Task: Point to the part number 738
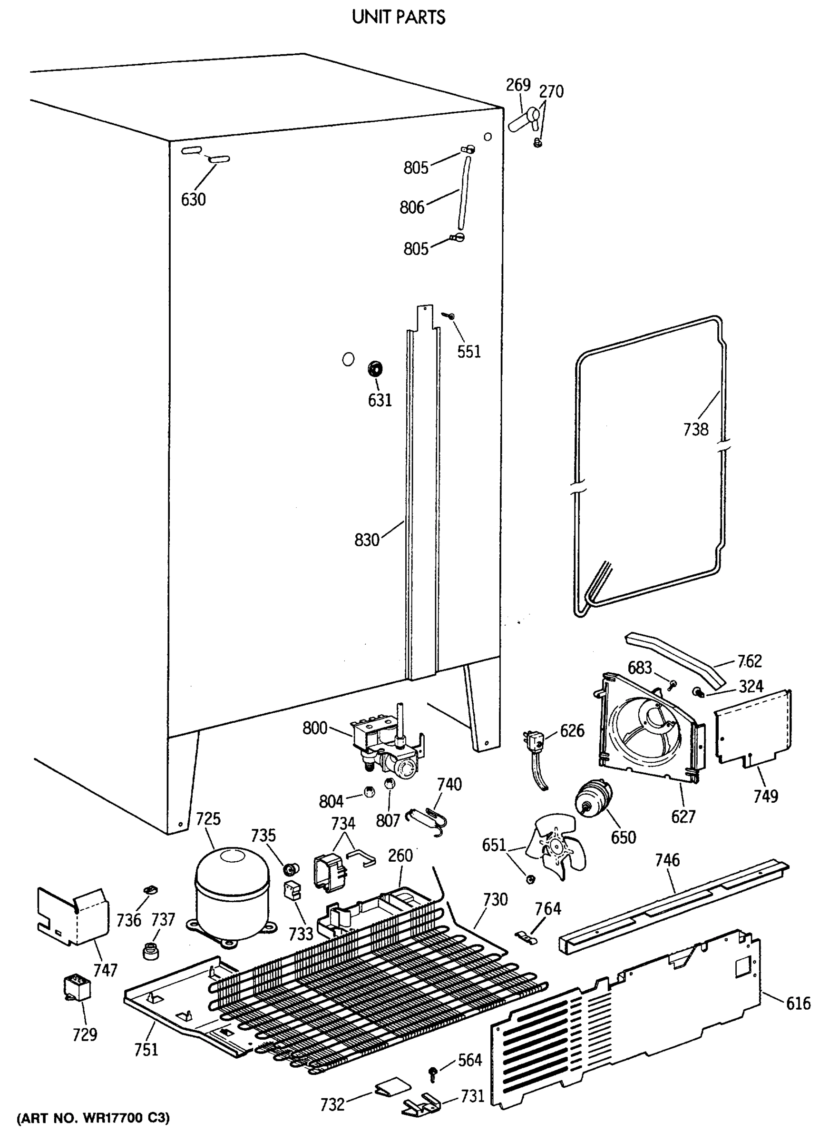695,430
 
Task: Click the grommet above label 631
375,368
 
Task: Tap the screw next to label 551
449,316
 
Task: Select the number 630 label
194,200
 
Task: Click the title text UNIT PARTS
399,18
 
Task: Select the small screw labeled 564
433,1073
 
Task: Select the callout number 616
799,1004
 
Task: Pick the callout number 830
367,540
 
